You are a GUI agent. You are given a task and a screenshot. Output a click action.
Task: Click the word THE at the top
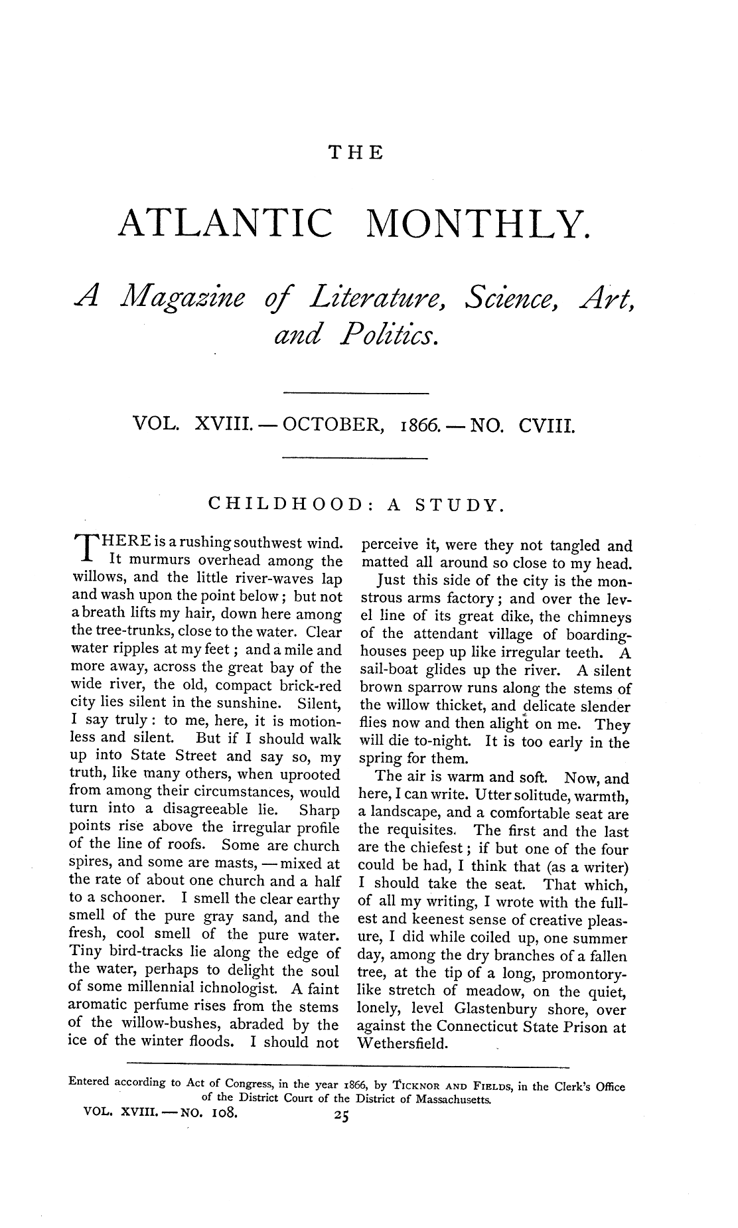(357, 153)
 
